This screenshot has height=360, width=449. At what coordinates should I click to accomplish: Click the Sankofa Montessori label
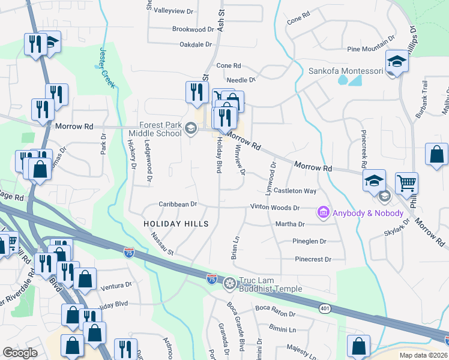pyautogui.click(x=345, y=71)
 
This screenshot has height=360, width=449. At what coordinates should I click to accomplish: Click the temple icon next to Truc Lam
pyautogui.click(x=229, y=283)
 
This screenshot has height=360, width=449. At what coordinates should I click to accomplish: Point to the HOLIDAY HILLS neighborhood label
pyautogui.click(x=176, y=224)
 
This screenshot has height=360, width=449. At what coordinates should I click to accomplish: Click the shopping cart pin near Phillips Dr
pyautogui.click(x=406, y=182)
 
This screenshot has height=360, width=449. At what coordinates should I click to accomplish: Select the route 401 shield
pyautogui.click(x=324, y=307)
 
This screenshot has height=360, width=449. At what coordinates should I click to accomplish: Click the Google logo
pyautogui.click(x=20, y=353)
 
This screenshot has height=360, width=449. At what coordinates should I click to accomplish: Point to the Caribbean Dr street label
pyautogui.click(x=178, y=204)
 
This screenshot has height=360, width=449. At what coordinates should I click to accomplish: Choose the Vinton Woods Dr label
pyautogui.click(x=275, y=208)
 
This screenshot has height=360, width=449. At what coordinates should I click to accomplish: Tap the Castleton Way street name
pyautogui.click(x=295, y=191)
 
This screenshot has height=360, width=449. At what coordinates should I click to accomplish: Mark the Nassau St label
pyautogui.click(x=162, y=244)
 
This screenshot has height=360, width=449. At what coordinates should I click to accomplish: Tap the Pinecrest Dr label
pyautogui.click(x=313, y=259)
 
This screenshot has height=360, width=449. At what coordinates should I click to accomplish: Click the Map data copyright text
pyautogui.click(x=422, y=355)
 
